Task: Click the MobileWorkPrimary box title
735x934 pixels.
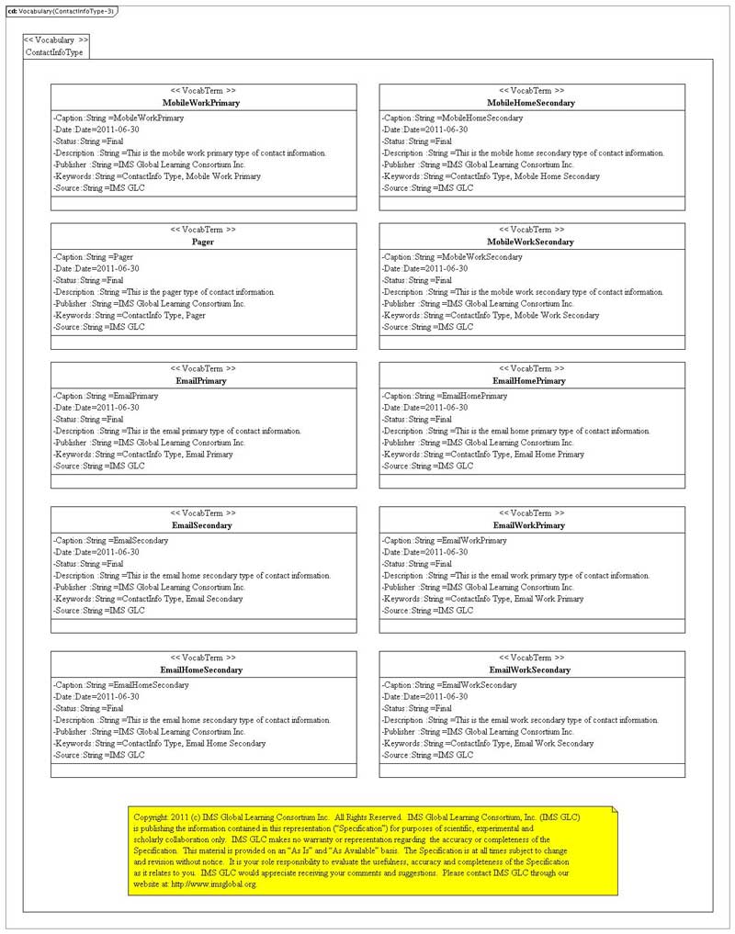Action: click(x=203, y=103)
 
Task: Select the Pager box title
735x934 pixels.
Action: click(x=203, y=242)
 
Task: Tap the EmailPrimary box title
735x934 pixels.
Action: click(x=203, y=380)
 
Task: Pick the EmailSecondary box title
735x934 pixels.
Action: click(x=203, y=525)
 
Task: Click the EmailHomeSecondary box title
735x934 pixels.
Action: click(x=203, y=670)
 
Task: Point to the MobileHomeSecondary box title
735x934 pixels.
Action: click(x=531, y=103)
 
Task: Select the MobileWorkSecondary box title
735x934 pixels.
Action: click(x=531, y=242)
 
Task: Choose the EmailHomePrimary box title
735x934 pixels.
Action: click(x=531, y=380)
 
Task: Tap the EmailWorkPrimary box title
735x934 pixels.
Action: click(x=531, y=525)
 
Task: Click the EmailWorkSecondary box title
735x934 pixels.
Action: click(x=531, y=670)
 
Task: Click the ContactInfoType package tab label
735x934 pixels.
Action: click(x=54, y=52)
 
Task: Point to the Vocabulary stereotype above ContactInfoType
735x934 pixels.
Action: click(x=56, y=40)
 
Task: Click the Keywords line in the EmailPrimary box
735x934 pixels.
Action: click(x=143, y=454)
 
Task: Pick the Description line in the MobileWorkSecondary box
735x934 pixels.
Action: click(x=523, y=292)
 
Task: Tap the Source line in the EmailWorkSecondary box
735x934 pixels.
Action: click(x=427, y=755)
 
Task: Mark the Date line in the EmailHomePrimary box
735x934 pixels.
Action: click(x=425, y=407)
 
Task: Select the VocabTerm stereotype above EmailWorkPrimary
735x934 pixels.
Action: click(x=531, y=512)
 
